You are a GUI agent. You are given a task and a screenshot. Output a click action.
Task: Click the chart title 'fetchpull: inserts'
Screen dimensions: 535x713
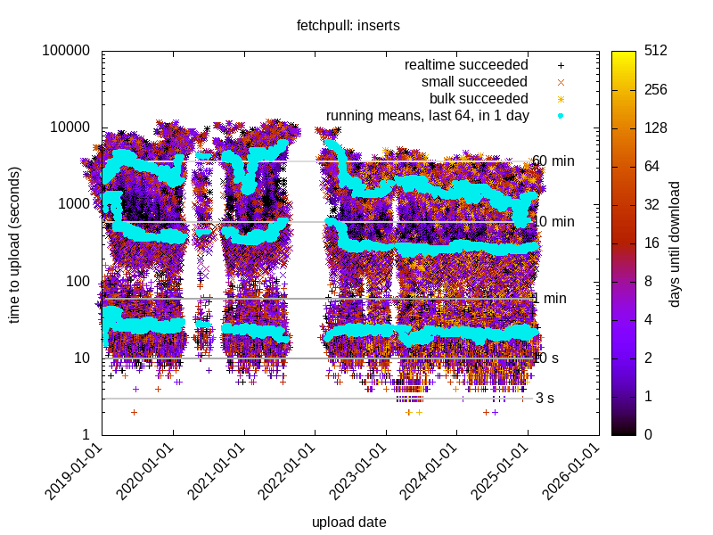pyautogui.click(x=348, y=26)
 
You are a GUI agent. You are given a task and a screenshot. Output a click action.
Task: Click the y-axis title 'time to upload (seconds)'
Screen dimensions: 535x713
pyautogui.click(x=15, y=243)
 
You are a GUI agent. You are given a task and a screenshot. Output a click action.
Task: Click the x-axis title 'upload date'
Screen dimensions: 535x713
pyautogui.click(x=349, y=522)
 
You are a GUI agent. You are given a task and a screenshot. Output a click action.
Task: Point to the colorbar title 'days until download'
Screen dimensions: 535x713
pyautogui.click(x=675, y=243)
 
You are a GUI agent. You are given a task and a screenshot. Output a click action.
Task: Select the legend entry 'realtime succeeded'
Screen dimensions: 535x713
pyautogui.click(x=466, y=65)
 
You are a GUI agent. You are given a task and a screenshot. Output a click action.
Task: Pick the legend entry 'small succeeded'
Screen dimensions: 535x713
pyautogui.click(x=475, y=82)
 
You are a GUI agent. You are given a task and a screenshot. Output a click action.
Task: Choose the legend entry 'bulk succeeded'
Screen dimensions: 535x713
pyautogui.click(x=479, y=98)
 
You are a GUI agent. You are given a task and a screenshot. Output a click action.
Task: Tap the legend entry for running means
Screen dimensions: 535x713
pyautogui.click(x=428, y=115)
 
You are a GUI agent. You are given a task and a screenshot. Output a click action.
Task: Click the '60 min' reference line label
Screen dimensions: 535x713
pyautogui.click(x=553, y=161)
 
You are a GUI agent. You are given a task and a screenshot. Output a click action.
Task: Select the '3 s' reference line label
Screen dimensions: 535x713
pyautogui.click(x=545, y=399)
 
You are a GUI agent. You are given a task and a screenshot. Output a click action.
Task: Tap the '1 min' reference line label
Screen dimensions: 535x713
pyautogui.click(x=549, y=299)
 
